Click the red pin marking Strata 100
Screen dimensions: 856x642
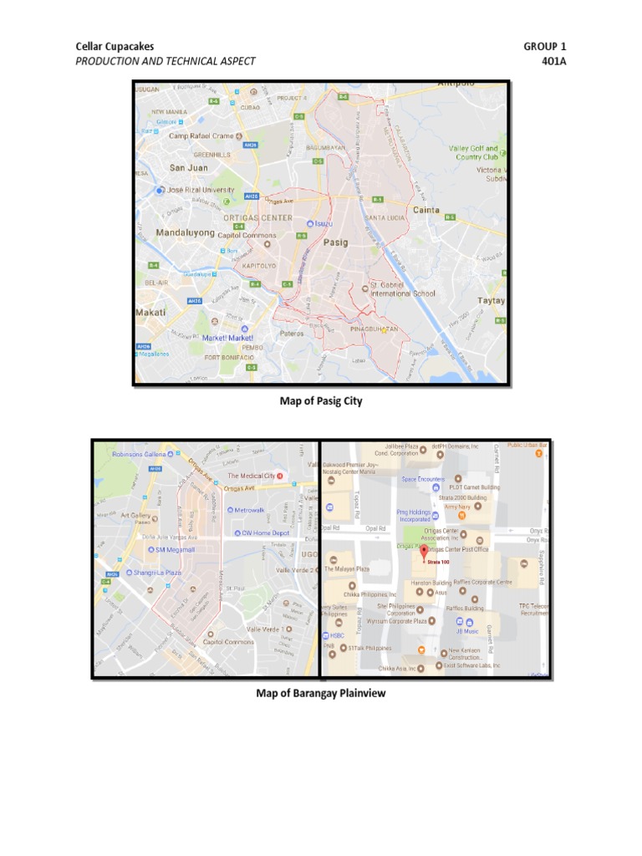pos(423,553)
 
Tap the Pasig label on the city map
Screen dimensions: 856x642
pos(335,242)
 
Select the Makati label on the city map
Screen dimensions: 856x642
pos(150,312)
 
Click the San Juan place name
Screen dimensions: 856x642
pos(188,167)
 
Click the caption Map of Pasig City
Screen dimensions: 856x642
pos(320,401)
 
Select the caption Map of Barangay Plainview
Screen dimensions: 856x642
pos(321,693)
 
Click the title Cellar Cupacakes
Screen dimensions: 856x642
pos(115,47)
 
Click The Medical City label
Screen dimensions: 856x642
pos(256,476)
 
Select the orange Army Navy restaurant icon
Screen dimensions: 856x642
pos(461,516)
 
